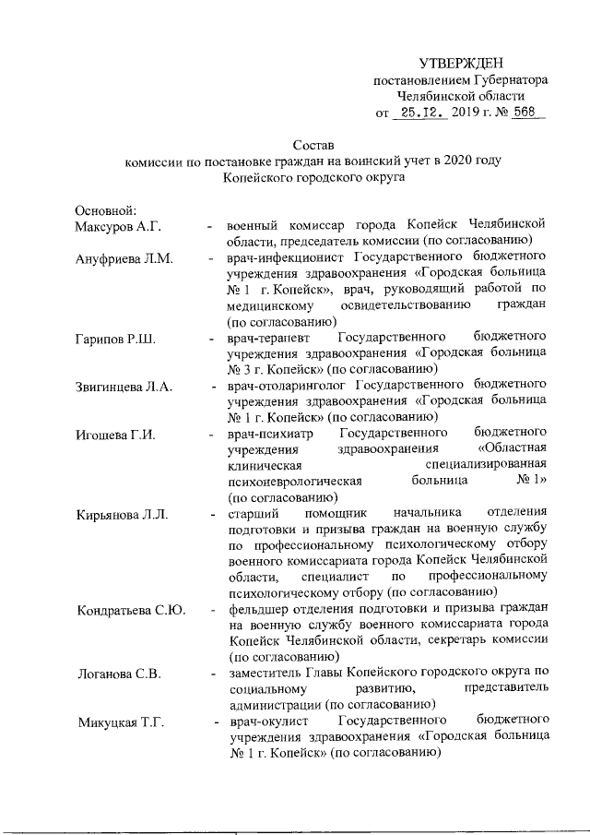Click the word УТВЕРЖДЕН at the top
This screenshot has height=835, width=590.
[462, 63]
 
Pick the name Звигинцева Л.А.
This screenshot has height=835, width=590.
[123, 388]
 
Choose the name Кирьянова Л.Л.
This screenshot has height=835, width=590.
[122, 514]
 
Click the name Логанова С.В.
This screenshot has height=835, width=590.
[118, 674]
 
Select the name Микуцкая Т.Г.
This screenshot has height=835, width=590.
[120, 722]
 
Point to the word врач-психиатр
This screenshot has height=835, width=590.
[271, 432]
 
